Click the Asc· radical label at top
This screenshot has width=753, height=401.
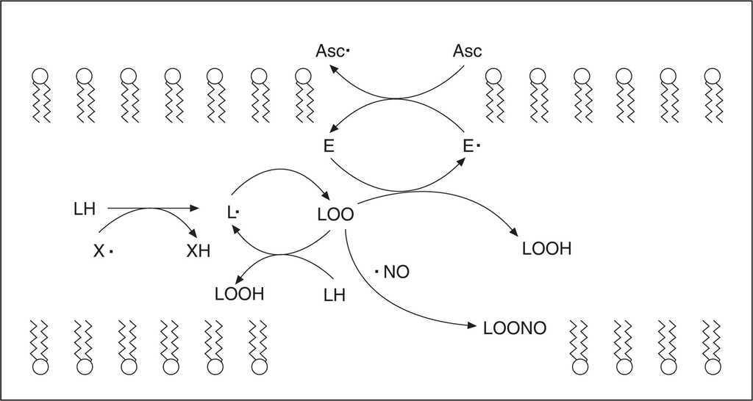pos(333,51)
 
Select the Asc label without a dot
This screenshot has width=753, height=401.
pos(466,51)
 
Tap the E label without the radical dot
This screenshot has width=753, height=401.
pos(328,146)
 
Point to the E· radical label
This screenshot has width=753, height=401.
pos(471,146)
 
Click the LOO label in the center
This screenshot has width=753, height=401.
pos(335,214)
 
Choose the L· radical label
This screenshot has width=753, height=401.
pos(235,214)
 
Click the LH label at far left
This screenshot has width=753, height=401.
pos(85,209)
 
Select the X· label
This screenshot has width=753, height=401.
pos(103,251)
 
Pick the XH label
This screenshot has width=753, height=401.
pos(199,252)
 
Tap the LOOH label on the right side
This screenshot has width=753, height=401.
pos(546,248)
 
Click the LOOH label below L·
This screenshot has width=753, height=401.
pos(239,295)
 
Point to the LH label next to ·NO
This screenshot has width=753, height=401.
pos(334,295)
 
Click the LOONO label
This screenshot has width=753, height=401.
pos(515,328)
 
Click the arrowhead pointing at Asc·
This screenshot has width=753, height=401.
pos(332,68)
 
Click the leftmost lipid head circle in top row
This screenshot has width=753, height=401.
pos(40,76)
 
